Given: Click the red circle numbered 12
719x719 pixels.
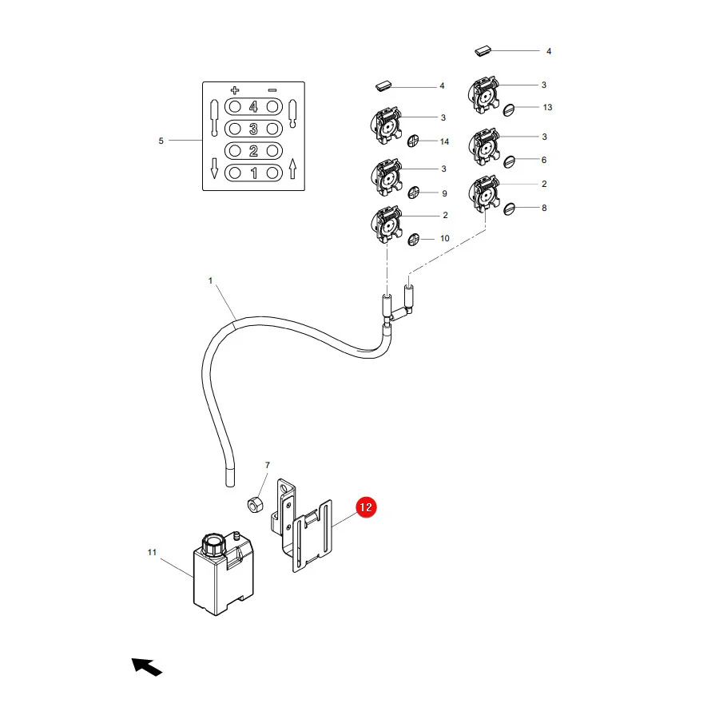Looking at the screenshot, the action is pos(366,507).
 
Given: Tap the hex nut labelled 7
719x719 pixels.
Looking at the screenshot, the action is pos(255,505).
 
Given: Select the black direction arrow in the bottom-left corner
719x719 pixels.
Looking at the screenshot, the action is pos(147,667).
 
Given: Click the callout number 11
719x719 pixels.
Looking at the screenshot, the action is pos(152,552).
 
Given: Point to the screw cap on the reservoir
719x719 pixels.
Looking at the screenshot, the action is pos(213,544).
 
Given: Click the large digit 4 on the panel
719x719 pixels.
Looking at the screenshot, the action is pos(253,107).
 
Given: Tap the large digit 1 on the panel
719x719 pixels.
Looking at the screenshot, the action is pos(253,173).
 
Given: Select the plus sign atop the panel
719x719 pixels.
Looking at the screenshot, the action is pos(235,89).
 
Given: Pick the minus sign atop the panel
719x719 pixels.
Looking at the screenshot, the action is pos(272,90).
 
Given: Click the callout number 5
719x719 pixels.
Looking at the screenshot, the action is pos(161,141).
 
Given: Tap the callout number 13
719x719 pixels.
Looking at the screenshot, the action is pos(547,107).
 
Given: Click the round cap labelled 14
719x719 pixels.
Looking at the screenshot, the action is pos(413,141).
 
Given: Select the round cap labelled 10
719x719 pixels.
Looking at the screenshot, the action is pos(414,239).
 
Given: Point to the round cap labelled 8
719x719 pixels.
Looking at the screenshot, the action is pos(509,209).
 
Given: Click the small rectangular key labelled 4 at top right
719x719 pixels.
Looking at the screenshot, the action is pos(483,50).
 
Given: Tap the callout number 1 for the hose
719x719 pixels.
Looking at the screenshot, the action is pos(210,280).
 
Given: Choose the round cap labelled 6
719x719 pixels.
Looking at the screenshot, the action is pos(509,161).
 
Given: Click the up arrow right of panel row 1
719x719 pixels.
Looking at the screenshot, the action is pos(293,169).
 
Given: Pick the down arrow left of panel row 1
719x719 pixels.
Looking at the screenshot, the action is pos(214,169).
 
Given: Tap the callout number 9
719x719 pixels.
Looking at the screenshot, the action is pos(444,193).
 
